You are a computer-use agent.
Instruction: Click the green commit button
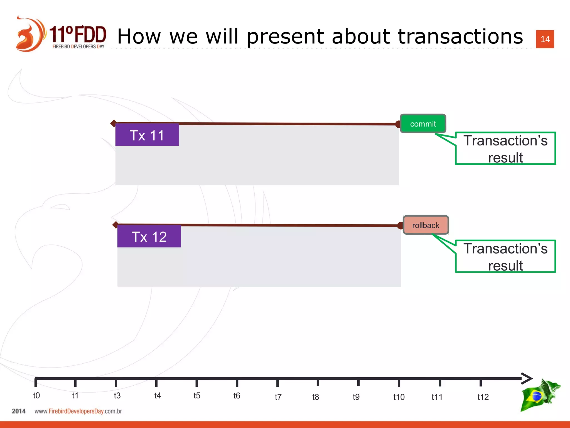coord(423,123)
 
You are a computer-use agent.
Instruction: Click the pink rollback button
coord(426,225)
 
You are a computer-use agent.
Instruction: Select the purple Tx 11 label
coord(147,135)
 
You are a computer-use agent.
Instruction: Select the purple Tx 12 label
coord(149,237)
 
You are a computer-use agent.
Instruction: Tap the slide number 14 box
coord(545,39)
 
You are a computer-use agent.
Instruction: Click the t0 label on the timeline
coord(36,395)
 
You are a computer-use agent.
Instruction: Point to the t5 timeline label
coord(197,396)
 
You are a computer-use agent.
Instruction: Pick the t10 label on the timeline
coord(399,397)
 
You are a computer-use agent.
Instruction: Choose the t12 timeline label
coord(483,397)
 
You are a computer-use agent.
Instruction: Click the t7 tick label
coord(278,397)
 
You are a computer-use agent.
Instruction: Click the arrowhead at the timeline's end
coord(527,378)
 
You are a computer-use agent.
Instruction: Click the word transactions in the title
coord(460,37)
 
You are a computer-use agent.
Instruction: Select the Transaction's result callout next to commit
coord(505,149)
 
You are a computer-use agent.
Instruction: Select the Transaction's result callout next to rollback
coord(505,256)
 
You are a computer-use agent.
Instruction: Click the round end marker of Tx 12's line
coord(400,225)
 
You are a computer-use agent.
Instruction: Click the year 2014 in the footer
coord(19,411)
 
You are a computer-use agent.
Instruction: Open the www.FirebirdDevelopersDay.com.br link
coord(78,411)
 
